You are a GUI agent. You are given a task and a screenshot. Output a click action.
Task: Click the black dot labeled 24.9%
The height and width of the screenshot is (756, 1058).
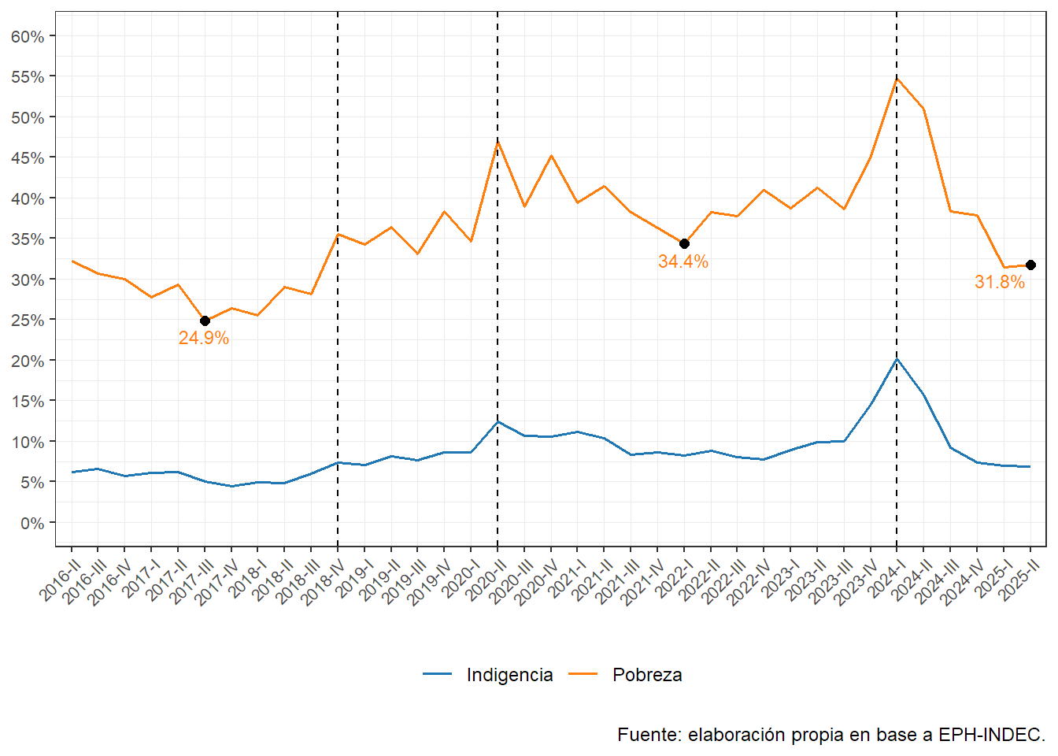205,321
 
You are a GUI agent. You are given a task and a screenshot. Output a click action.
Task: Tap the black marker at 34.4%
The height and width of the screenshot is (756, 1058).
684,243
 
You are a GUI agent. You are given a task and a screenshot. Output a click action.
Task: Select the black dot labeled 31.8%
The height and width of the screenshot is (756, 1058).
1030,265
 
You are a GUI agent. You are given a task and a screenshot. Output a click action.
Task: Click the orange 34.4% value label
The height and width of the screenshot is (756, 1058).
683,261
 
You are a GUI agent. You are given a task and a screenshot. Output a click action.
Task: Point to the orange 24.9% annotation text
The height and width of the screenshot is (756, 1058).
204,338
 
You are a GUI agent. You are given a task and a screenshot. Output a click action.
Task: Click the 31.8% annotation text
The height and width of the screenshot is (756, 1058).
1000,282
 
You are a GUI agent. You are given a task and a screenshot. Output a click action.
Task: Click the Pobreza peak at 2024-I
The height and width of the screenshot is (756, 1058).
897,79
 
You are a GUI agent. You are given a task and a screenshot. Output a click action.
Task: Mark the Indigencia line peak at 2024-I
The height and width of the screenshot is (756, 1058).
897,359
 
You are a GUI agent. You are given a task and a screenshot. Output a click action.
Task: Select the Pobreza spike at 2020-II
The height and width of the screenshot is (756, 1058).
498,142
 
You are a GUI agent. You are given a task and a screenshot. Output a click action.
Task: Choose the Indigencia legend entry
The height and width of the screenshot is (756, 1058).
509,675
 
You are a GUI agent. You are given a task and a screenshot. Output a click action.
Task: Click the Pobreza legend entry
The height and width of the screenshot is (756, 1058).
647,675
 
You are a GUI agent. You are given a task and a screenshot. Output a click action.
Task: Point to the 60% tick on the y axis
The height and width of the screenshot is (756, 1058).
28,36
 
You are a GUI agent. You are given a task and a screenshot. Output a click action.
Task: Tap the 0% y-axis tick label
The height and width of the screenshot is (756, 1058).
32,523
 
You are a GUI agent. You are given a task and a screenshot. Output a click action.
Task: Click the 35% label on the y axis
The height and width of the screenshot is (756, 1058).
28,239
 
